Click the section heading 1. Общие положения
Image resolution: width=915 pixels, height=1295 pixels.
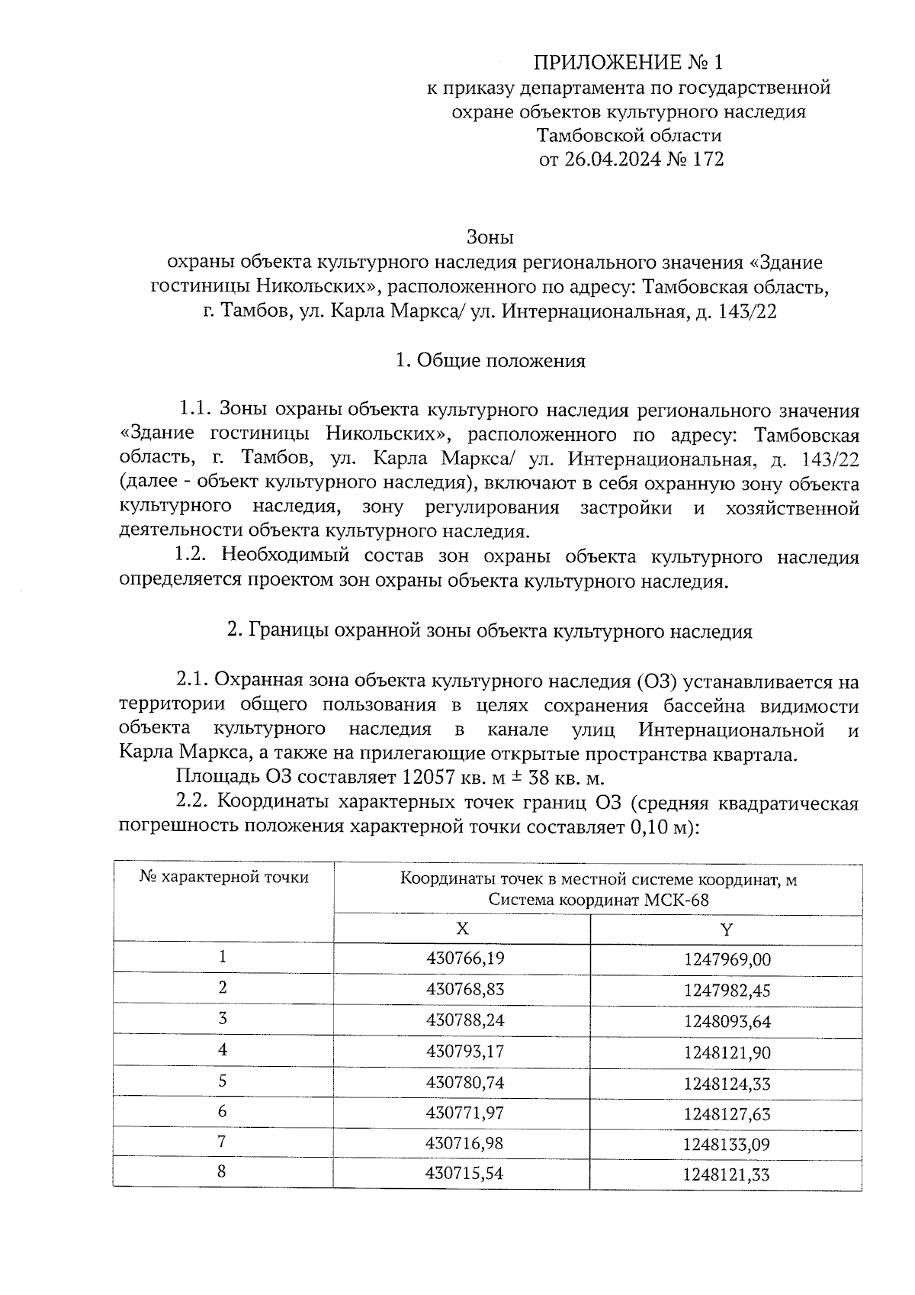(490, 360)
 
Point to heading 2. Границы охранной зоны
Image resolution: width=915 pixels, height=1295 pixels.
(490, 632)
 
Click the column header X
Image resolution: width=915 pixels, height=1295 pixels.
(462, 929)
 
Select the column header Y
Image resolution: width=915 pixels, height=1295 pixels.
(727, 929)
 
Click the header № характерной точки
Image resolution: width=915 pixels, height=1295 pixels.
(224, 877)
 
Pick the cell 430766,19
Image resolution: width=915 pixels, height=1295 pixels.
(465, 958)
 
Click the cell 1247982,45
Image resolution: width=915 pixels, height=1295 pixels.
(727, 991)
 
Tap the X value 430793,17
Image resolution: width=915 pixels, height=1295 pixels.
(465, 1052)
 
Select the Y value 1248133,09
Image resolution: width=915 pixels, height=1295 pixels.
(727, 1145)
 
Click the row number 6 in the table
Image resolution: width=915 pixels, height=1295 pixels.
(223, 1112)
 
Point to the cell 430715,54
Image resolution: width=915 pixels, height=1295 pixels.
(465, 1174)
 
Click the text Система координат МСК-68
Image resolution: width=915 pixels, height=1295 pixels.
(599, 900)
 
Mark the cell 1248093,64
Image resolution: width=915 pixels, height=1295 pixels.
(727, 1021)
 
